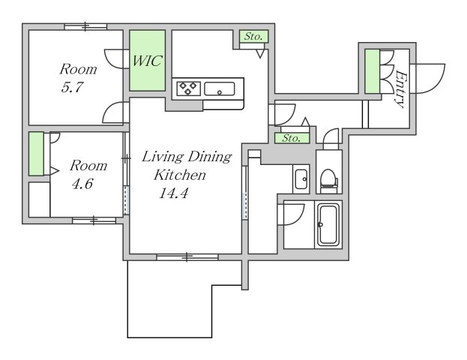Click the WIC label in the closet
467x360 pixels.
[147, 61]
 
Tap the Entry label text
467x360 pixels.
[400, 88]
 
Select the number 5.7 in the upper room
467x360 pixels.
[72, 88]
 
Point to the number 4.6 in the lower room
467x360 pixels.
[82, 184]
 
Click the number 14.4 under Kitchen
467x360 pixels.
[174, 193]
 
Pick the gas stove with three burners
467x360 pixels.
[188, 88]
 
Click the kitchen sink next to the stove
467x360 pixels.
[220, 88]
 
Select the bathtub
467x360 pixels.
[328, 225]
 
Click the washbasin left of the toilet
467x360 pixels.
[301, 178]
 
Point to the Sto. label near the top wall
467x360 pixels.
[254, 36]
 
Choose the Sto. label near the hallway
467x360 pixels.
[292, 138]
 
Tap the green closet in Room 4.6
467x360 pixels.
[36, 154]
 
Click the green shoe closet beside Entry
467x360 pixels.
[373, 71]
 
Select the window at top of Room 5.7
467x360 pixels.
[85, 26]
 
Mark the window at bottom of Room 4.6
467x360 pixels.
[94, 220]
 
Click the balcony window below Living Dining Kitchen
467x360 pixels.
[187, 257]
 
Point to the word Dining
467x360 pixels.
[210, 157]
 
